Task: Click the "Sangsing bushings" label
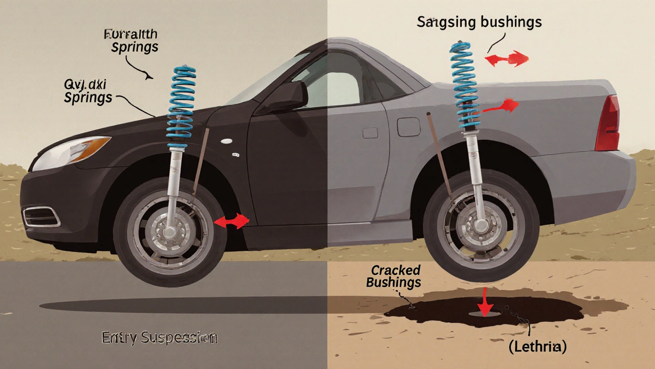tap(479, 22)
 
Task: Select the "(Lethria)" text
tap(537, 346)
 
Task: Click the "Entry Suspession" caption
tap(160, 338)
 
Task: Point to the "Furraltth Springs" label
tap(131, 41)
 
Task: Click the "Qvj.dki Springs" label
tap(88, 92)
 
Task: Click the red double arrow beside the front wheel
tap(231, 221)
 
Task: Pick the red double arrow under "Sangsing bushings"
tap(506, 59)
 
